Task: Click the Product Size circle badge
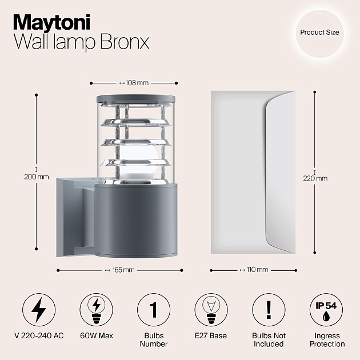click(x=319, y=33)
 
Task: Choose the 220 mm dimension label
click(x=315, y=178)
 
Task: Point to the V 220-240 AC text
click(x=39, y=335)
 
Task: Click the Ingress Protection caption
click(x=327, y=339)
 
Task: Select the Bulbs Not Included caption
click(x=268, y=339)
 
